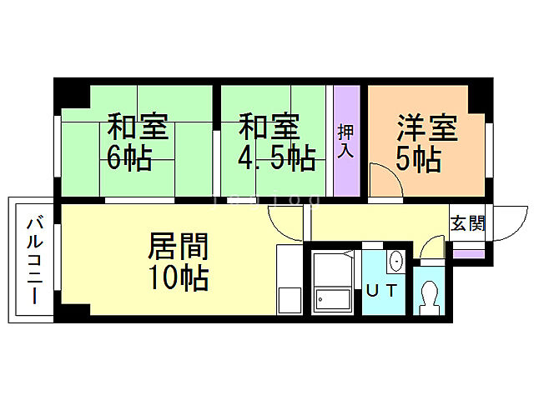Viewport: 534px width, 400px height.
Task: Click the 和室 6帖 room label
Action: click(x=138, y=142)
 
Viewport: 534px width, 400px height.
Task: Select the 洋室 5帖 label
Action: click(x=426, y=142)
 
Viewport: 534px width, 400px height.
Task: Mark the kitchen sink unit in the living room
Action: click(x=290, y=280)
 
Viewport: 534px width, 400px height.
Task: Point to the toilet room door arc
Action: click(x=433, y=248)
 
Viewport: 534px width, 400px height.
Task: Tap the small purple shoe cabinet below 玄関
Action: click(x=468, y=253)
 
